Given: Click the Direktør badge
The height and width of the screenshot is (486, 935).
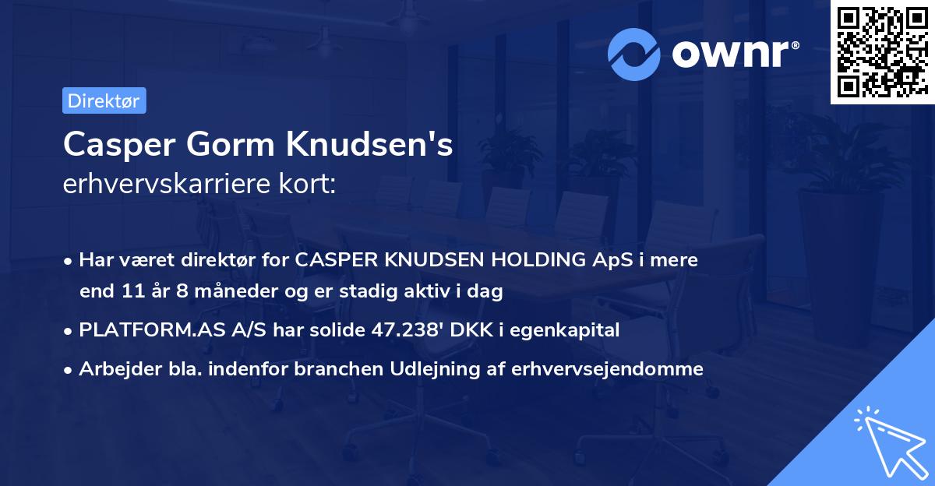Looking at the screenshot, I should pyautogui.click(x=104, y=100).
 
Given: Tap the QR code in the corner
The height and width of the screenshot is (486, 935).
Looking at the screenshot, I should pyautogui.click(x=882, y=52).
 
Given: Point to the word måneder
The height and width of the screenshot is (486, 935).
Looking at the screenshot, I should pyautogui.click(x=231, y=292).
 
